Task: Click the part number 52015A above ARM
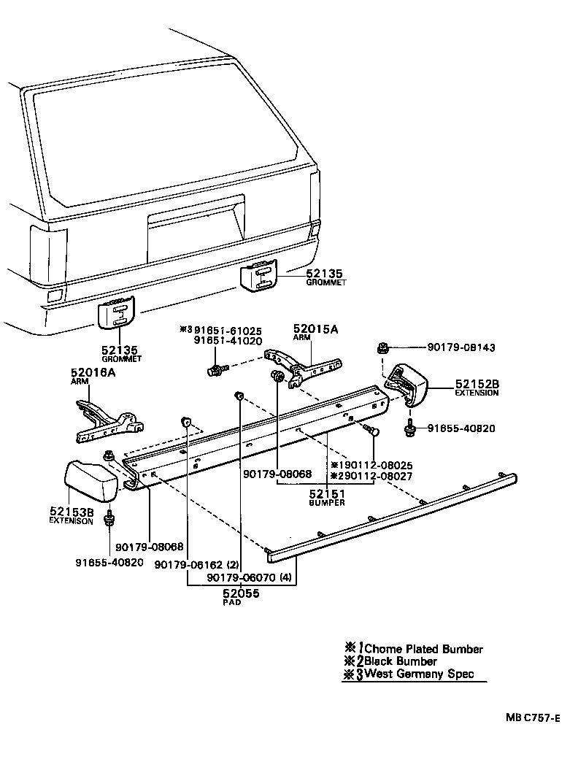[315, 329]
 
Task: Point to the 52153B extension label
[71, 512]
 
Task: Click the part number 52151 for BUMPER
[326, 494]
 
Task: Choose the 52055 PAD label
[242, 593]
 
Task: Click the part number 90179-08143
[461, 348]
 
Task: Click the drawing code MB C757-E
[533, 717]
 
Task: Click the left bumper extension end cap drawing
[93, 482]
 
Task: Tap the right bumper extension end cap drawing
[406, 383]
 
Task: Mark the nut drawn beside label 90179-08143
[382, 348]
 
